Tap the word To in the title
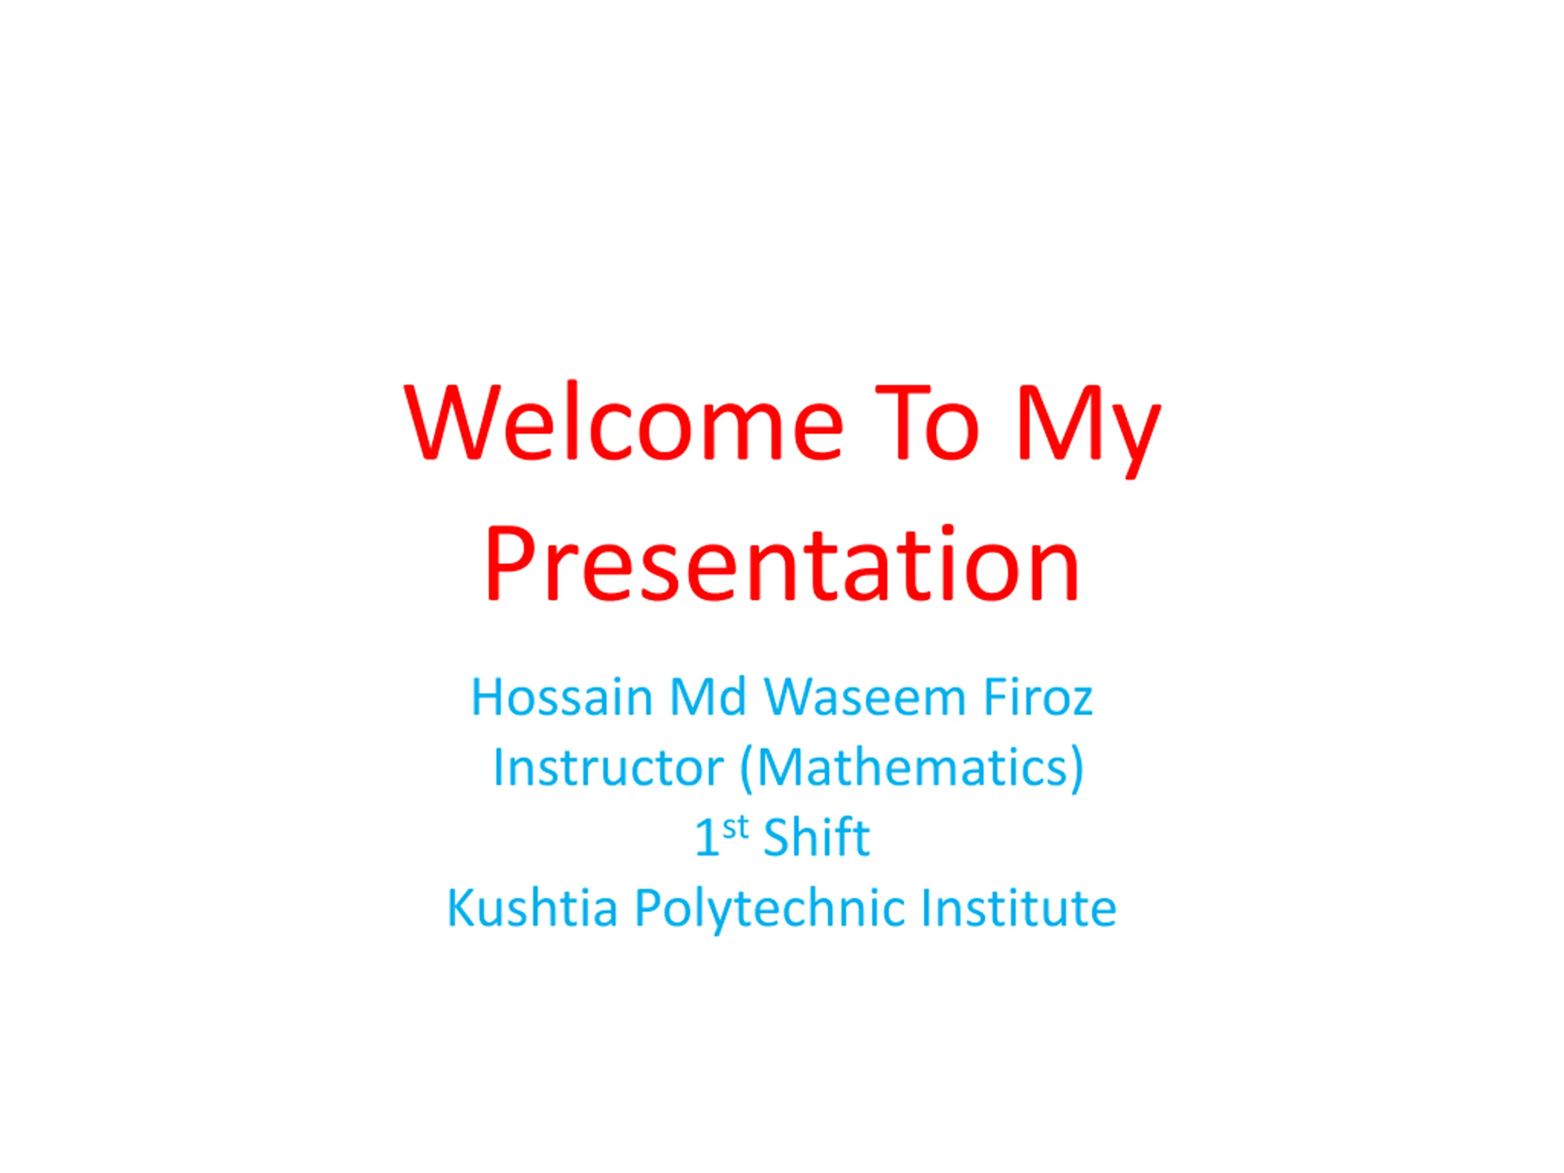[x=927, y=423]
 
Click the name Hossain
[x=561, y=698]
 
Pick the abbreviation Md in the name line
[x=707, y=697]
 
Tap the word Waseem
[x=864, y=698]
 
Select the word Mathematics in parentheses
[x=912, y=768]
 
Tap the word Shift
[x=817, y=836]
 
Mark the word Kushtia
[x=532, y=907]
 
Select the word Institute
[x=1019, y=907]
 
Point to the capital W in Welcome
[x=453, y=423]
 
